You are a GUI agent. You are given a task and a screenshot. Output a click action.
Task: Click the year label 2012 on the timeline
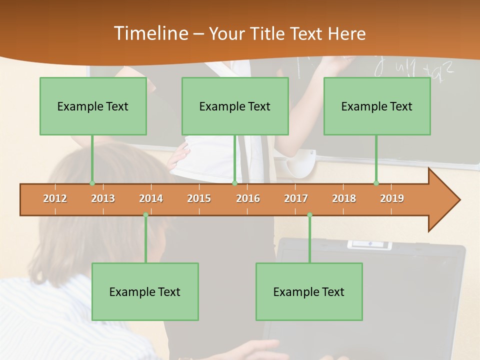(55, 198)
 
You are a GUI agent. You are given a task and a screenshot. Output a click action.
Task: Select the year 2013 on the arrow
(103, 198)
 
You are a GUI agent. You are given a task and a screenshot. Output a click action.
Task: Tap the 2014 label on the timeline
(151, 198)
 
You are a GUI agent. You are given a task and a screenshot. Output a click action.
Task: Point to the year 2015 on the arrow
(199, 198)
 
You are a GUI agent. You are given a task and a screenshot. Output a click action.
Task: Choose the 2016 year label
(248, 198)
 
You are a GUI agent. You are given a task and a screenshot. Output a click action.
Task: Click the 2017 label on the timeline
(296, 198)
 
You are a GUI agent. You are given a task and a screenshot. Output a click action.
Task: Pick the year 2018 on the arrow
(344, 198)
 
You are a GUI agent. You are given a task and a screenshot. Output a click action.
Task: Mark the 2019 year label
(392, 198)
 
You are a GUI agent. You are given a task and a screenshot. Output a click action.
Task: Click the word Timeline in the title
(150, 33)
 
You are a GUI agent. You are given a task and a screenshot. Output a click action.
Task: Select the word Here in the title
(347, 33)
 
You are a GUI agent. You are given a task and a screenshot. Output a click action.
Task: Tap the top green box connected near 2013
(93, 106)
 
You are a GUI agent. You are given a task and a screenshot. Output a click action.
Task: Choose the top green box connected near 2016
(235, 106)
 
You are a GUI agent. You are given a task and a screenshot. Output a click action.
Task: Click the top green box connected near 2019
(377, 106)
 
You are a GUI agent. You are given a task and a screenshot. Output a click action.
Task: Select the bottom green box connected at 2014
(145, 291)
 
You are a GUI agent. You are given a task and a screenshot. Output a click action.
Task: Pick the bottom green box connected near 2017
(309, 291)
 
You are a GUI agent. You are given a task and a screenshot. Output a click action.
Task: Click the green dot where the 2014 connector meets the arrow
(145, 215)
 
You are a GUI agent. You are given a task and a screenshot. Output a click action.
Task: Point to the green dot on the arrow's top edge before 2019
(376, 183)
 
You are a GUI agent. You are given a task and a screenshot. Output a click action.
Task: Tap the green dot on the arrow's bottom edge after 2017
(309, 215)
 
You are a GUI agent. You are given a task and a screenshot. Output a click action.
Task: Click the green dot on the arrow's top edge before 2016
(234, 183)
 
